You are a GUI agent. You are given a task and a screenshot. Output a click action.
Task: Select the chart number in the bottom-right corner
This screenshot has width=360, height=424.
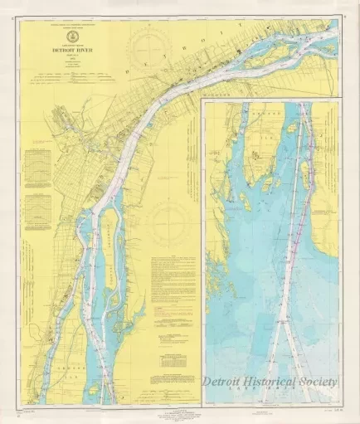329,409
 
